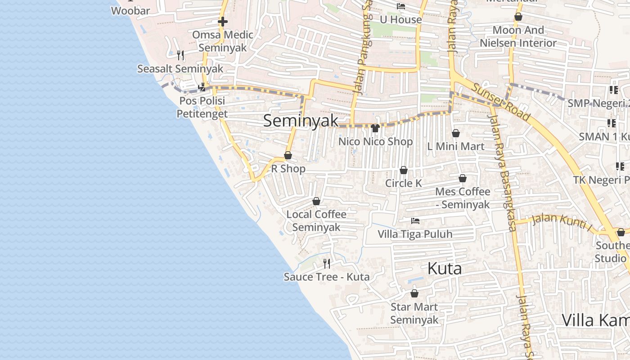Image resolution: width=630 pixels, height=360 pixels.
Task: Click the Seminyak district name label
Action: (301, 121)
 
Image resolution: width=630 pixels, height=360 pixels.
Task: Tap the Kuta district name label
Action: (444, 269)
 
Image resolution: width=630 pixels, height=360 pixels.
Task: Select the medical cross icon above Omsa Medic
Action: (223, 22)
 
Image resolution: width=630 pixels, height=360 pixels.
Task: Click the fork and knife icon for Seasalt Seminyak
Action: (180, 55)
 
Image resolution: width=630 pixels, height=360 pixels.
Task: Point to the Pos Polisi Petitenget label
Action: (202, 108)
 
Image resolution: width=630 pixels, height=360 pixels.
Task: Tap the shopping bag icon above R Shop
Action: (288, 156)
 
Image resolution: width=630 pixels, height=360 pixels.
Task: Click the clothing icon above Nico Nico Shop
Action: (375, 128)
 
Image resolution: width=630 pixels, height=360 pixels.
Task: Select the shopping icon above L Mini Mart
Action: (456, 133)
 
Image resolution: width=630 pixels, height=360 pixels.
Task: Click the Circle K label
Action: (404, 183)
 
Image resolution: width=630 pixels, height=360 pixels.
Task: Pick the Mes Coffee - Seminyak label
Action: (463, 198)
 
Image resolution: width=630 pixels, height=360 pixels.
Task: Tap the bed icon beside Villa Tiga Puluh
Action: (415, 221)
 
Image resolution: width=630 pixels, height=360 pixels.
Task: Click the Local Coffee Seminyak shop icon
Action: (316, 201)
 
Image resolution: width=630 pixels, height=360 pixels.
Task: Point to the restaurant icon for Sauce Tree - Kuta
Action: (327, 263)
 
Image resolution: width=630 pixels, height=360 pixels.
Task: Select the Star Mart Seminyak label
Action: (414, 313)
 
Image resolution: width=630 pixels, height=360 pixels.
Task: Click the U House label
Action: (400, 20)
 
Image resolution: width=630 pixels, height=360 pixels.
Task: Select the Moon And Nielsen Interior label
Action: (518, 36)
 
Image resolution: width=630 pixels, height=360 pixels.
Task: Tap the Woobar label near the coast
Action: (130, 11)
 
